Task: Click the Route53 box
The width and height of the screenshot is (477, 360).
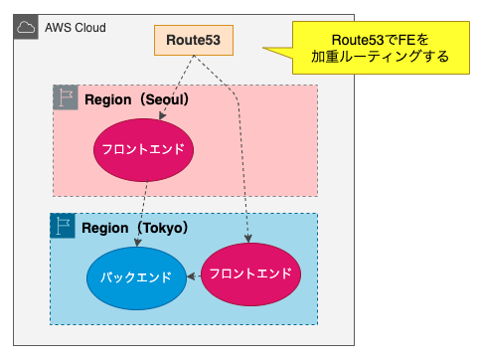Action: [194, 40]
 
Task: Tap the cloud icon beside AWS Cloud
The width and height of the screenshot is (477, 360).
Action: [26, 27]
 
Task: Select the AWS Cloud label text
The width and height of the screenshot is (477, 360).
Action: [76, 28]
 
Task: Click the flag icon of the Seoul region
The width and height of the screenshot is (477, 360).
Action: [66, 97]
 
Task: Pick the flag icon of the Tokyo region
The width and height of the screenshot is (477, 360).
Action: [63, 226]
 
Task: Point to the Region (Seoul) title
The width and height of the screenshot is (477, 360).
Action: [136, 99]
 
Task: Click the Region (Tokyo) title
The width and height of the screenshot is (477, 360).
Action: [134, 228]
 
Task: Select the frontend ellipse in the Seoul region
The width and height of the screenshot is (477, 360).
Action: [143, 150]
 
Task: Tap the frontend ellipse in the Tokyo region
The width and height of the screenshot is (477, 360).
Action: [250, 274]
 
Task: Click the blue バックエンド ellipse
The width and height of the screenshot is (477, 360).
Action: [136, 278]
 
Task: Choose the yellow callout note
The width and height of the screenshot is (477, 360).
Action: [381, 48]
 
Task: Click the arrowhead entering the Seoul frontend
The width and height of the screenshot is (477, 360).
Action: [162, 115]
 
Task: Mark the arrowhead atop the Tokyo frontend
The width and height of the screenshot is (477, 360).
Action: [248, 239]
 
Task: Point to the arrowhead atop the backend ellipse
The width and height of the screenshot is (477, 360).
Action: [137, 243]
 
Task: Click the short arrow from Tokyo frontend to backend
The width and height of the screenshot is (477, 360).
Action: [194, 276]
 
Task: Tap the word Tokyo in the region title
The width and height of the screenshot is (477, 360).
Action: [163, 228]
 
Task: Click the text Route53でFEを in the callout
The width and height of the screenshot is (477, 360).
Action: [381, 40]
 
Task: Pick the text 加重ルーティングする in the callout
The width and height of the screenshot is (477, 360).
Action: [381, 57]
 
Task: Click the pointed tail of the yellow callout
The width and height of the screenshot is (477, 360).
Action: [263, 48]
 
